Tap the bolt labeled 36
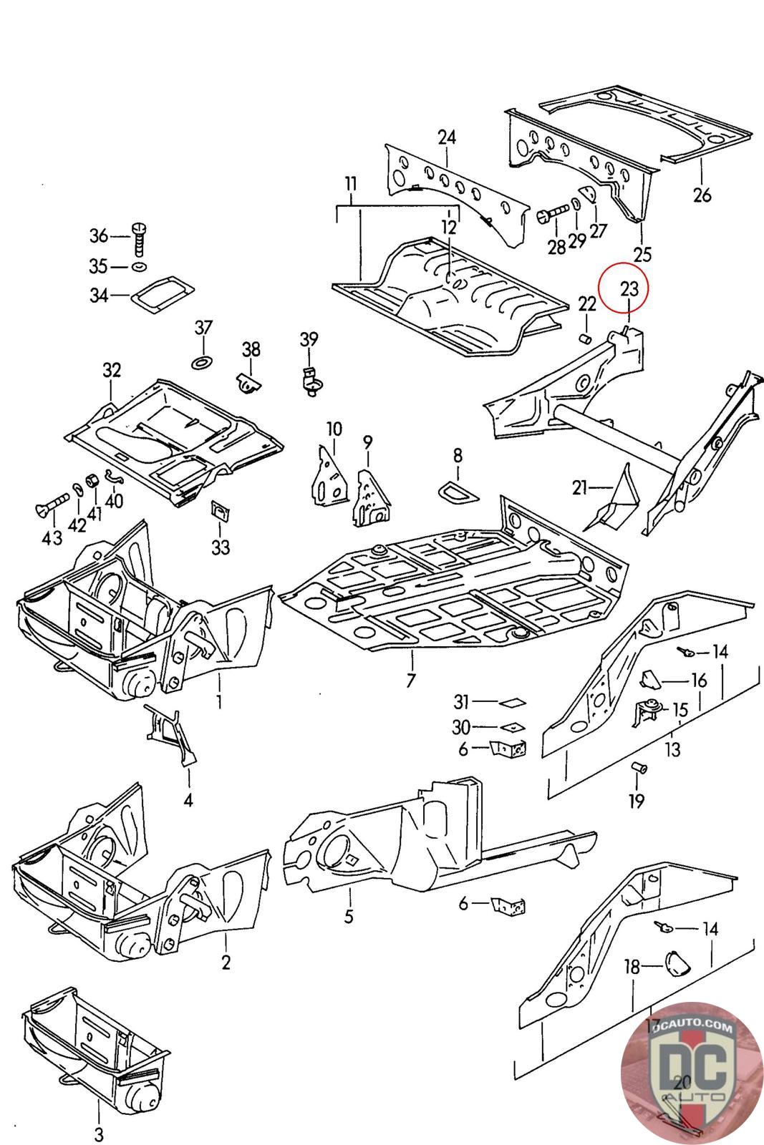(x=140, y=238)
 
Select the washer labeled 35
(x=140, y=267)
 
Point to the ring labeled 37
(x=203, y=359)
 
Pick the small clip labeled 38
(x=247, y=382)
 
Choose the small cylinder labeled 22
(x=586, y=336)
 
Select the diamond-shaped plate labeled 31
(x=513, y=702)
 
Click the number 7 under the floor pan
(x=411, y=679)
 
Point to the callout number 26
(x=702, y=194)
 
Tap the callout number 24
(x=447, y=137)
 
